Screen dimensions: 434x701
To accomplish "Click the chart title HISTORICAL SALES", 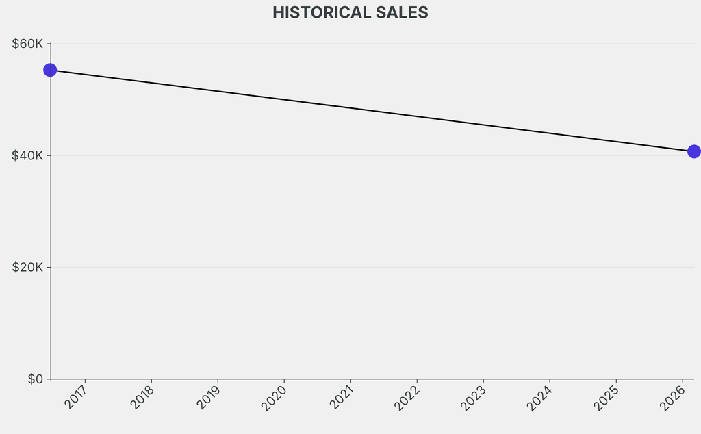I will tap(350, 13).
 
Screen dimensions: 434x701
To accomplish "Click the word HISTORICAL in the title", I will tap(317, 13).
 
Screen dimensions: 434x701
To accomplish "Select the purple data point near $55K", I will tap(50, 70).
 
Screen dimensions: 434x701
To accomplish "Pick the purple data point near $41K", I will tap(693, 151).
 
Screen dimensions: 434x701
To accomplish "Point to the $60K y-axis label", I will tap(27, 44).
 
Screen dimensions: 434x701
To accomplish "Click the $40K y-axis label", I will tap(27, 155).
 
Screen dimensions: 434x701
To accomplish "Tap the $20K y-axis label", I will tap(27, 267).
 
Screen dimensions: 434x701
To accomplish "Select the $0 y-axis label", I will tap(35, 379).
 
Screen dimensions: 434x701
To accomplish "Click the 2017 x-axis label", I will tap(77, 398).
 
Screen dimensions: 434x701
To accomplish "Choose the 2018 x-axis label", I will tap(143, 398).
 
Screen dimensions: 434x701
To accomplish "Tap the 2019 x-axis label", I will tap(209, 398).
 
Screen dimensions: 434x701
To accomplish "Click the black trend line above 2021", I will tap(350, 107).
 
